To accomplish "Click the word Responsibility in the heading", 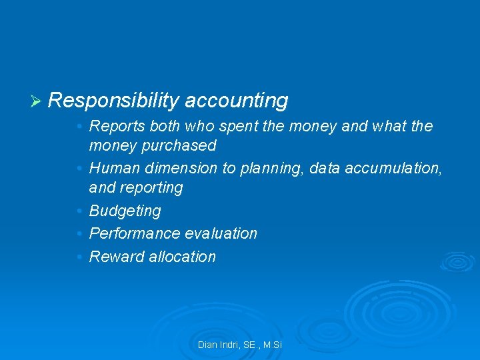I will (113, 101).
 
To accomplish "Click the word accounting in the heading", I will (237, 101).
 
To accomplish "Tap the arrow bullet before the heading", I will (37, 101).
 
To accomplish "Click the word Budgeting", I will (125, 211).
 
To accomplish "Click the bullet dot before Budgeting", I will (79, 211).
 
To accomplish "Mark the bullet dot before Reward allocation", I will (79, 257).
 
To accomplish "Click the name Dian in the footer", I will (207, 345).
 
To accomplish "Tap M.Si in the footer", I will (272, 345).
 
